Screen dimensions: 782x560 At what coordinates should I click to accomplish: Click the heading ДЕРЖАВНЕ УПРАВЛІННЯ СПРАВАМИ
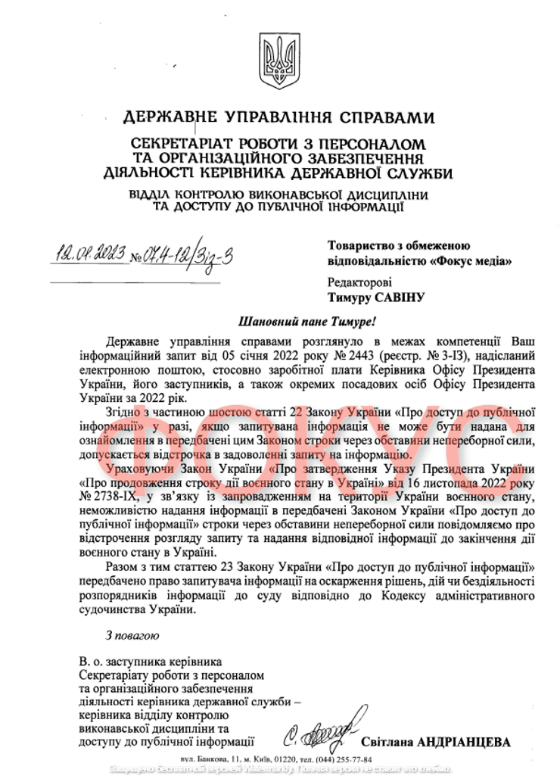point(278,117)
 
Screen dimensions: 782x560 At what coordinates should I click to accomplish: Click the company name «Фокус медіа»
point(469,261)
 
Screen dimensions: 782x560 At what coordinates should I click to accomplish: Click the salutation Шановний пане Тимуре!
point(280,320)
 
